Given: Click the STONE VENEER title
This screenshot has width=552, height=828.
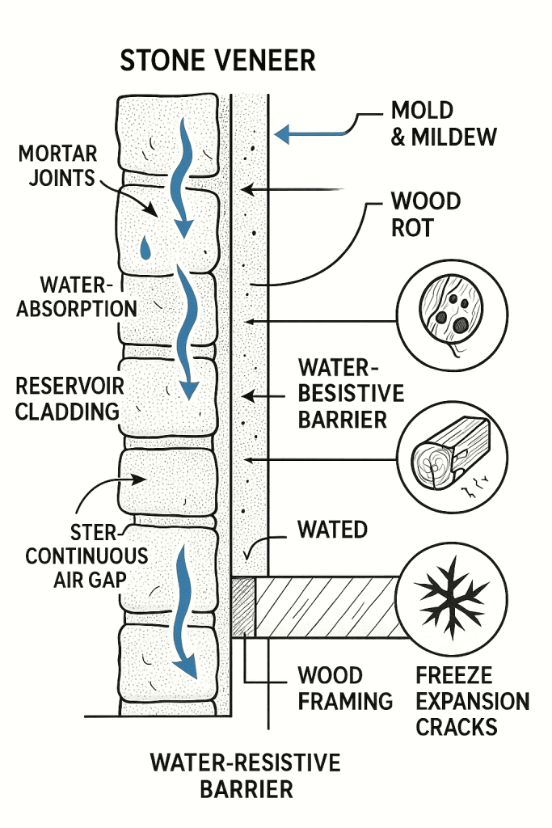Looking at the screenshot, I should [x=217, y=61].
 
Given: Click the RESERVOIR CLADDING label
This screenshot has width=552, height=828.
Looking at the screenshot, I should [x=67, y=398].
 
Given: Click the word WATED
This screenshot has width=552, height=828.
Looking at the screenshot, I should [x=332, y=530].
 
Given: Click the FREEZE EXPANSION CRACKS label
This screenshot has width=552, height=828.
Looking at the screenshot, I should [x=472, y=700].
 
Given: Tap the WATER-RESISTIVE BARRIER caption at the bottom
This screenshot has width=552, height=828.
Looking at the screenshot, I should [x=245, y=775].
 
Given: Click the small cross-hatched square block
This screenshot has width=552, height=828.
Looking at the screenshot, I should [x=243, y=606].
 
